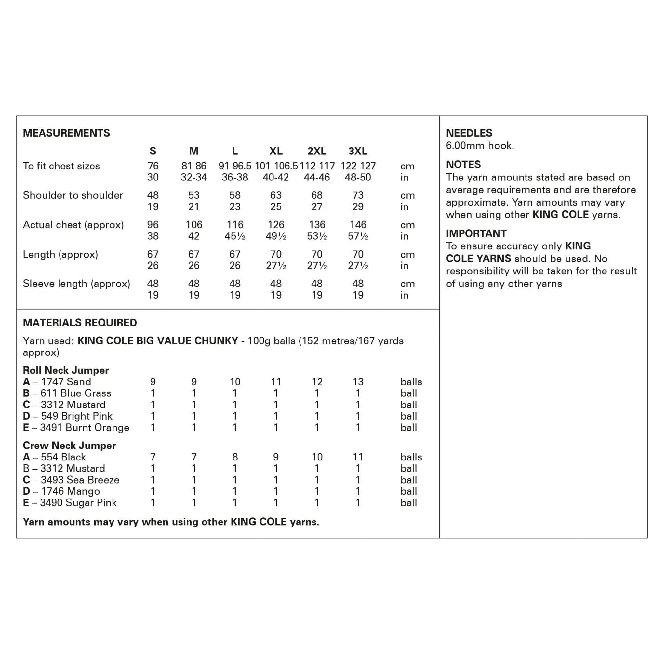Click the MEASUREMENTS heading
pyautogui.click(x=66, y=133)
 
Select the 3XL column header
pyautogui.click(x=357, y=151)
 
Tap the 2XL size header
pyautogui.click(x=316, y=151)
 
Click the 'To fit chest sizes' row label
pyautogui.click(x=61, y=166)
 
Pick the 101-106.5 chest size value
pyautogui.click(x=276, y=166)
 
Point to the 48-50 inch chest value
pyautogui.click(x=357, y=178)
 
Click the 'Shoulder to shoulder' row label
pyautogui.click(x=73, y=195)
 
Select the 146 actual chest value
pyautogui.click(x=357, y=225)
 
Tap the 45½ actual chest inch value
pyautogui.click(x=235, y=236)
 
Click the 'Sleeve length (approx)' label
pyautogui.click(x=76, y=284)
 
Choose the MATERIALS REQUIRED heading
pyautogui.click(x=80, y=323)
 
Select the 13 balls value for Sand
pyautogui.click(x=357, y=382)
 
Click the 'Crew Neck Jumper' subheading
pyautogui.click(x=69, y=446)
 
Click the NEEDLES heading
pyautogui.click(x=469, y=133)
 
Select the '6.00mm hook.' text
pyautogui.click(x=480, y=146)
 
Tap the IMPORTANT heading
pyautogui.click(x=476, y=233)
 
